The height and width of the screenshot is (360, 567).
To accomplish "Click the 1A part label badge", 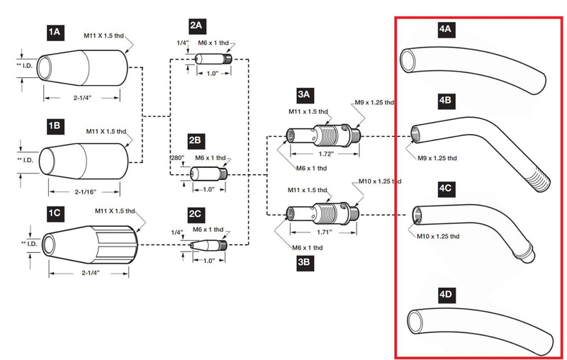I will click(x=55, y=31).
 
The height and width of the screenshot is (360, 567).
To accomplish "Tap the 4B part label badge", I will click(x=446, y=101).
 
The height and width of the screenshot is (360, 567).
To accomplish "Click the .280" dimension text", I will click(x=177, y=158).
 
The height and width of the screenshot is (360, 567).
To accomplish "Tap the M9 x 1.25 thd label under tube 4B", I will click(x=437, y=157).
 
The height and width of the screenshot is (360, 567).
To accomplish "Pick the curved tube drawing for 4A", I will click(x=468, y=67).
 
